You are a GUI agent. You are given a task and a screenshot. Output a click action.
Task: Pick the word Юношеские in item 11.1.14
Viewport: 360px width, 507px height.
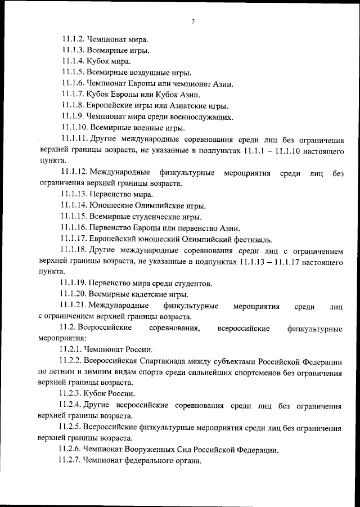pyautogui.click(x=111, y=205)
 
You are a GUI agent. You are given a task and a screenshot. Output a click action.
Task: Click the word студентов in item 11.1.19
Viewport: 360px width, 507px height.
pyautogui.click(x=191, y=283)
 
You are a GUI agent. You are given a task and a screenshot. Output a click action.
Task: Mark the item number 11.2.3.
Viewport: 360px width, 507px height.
pyautogui.click(x=70, y=393)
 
